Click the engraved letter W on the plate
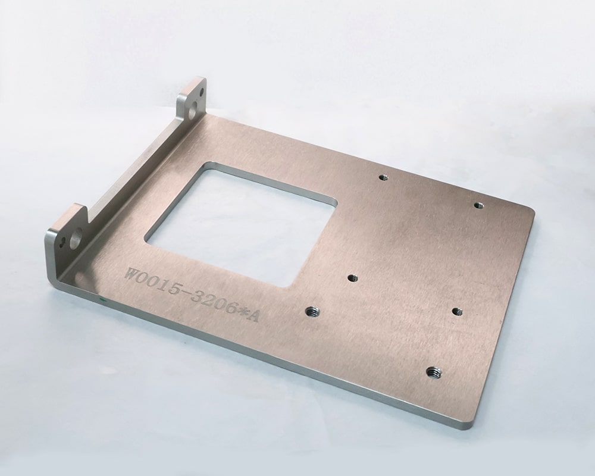(133, 274)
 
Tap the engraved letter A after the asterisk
(252, 316)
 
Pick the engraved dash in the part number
(184, 292)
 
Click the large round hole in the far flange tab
(193, 108)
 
